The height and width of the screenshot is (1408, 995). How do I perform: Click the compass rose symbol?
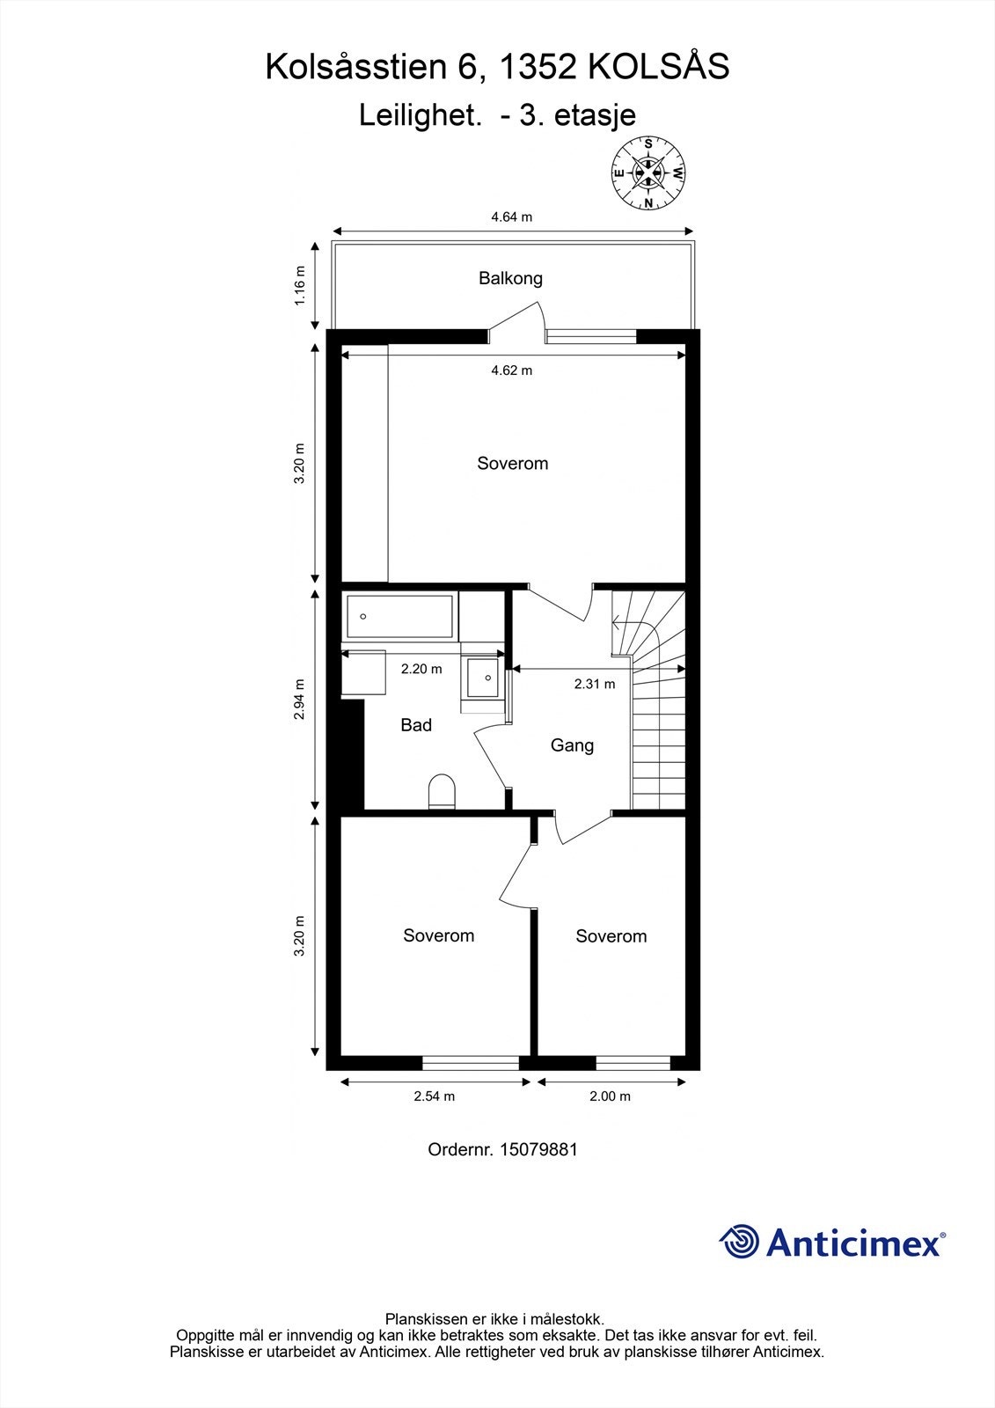click(x=648, y=172)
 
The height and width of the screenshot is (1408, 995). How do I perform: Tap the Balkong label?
click(x=510, y=278)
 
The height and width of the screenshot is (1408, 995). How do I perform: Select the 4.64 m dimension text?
click(x=511, y=216)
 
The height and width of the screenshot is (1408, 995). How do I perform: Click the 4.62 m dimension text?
click(x=511, y=370)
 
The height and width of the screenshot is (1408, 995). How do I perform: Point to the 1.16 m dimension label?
click(x=300, y=286)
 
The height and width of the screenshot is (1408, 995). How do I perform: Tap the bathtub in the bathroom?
click(x=400, y=617)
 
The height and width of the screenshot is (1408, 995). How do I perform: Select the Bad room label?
click(x=416, y=725)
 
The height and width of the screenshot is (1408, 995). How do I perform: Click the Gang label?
click(x=572, y=745)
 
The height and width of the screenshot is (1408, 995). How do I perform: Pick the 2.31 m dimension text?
click(x=595, y=684)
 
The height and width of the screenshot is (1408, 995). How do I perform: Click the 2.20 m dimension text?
click(x=421, y=669)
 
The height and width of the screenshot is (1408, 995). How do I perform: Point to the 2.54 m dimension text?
click(x=435, y=1096)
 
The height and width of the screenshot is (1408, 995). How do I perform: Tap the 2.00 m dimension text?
click(x=610, y=1096)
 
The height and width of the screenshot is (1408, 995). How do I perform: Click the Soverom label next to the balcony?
click(x=512, y=463)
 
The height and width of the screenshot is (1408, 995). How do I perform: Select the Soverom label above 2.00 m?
click(x=611, y=936)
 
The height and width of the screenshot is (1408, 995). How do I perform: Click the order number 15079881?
click(x=538, y=1149)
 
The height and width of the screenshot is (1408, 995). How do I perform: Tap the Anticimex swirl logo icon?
click(x=739, y=1242)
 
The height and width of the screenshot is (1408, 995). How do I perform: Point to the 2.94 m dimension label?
click(x=300, y=700)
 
